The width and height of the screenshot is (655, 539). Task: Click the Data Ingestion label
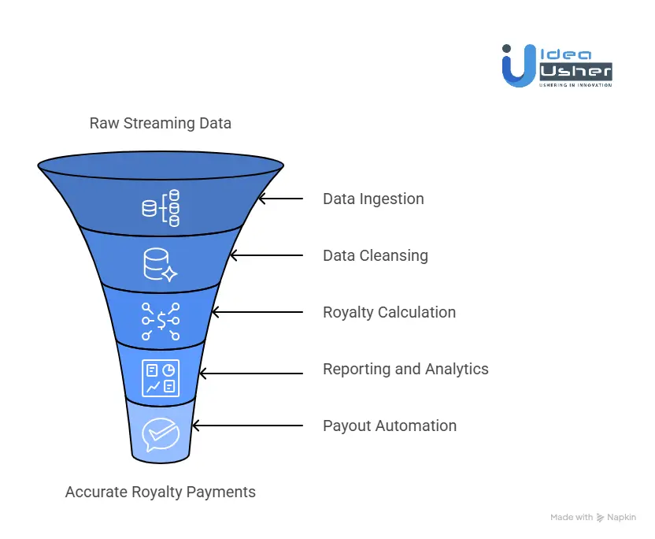(373, 199)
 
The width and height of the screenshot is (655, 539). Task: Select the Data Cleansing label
(376, 255)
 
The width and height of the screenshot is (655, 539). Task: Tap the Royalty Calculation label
(389, 312)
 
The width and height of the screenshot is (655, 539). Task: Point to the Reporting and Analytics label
(405, 369)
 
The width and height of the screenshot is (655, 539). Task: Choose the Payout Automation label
(390, 426)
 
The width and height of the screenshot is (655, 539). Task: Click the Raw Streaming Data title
(161, 123)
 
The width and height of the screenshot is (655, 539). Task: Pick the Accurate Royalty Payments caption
(161, 492)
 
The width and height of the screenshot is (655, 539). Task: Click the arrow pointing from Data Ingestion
(281, 199)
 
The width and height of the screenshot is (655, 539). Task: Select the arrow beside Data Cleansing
(265, 255)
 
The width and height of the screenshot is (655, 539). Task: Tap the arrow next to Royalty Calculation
(257, 312)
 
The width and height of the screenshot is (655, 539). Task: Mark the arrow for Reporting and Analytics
(250, 369)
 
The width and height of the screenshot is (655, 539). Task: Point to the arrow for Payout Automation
(247, 426)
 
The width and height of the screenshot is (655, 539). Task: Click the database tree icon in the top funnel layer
(161, 208)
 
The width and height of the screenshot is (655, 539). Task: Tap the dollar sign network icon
(161, 321)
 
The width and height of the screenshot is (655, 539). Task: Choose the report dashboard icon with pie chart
(161, 377)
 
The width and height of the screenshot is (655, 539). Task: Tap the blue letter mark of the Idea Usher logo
(519, 65)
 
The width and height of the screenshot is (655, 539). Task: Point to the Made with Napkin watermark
(593, 518)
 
